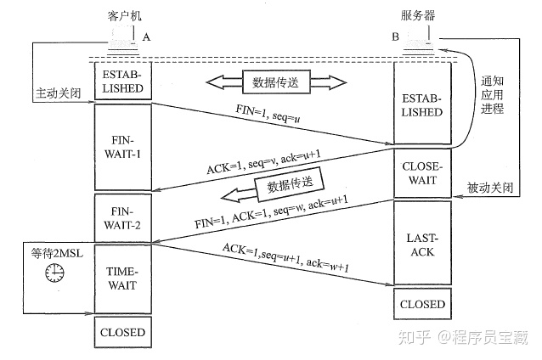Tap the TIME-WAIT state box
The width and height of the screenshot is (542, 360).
[124, 278]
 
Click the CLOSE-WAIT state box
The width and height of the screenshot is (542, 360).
[420, 173]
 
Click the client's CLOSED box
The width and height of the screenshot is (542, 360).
[124, 332]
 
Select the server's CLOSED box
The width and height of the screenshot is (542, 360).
[420, 303]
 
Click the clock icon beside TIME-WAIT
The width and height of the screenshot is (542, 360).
[55, 271]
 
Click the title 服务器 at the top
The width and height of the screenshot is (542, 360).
[420, 16]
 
